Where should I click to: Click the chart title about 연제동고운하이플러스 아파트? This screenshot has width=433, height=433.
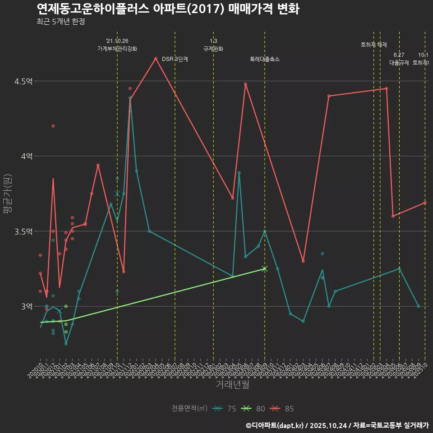pos(167,9)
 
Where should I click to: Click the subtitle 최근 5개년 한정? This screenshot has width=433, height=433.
pos(60,22)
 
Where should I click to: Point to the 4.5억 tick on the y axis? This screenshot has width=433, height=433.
pos(23,81)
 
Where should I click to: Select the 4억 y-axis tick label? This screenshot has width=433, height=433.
pos(27,156)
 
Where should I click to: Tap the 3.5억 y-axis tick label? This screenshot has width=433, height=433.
pos(23,231)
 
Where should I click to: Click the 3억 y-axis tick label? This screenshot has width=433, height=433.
pos(27,306)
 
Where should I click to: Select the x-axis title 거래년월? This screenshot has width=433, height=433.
pos(232,384)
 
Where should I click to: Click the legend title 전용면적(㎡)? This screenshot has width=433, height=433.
pos(189,409)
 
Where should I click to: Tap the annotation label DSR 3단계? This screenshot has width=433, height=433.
pos(175,59)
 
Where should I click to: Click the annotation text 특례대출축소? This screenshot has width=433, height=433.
pos(265,59)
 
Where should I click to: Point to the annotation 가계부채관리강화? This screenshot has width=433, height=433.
pos(117,49)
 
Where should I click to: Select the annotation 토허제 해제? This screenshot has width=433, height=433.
pos(374,45)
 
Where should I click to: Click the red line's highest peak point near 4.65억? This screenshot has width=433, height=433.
pos(156,59)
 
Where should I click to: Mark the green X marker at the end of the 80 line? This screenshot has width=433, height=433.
pos(265,268)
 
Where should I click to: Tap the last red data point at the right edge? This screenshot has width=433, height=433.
pos(425,203)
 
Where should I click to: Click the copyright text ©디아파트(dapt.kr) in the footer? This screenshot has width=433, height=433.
pos(275,425)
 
